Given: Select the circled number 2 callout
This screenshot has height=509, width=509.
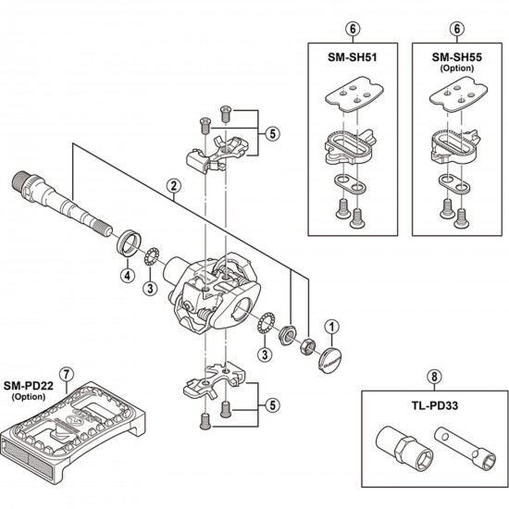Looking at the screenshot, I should pyautogui.click(x=172, y=186).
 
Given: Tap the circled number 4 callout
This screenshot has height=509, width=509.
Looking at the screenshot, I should pyautogui.click(x=125, y=274).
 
